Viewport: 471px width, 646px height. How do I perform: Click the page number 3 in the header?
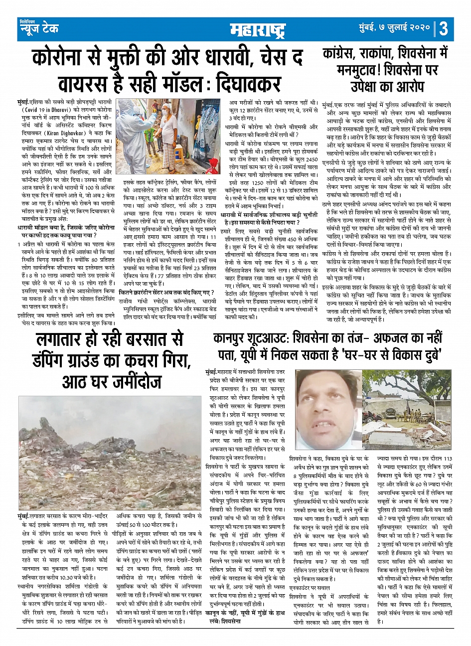coord(443,29)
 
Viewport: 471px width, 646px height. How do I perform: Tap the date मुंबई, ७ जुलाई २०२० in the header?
coord(394,29)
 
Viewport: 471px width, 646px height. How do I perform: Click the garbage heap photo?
coord(110,451)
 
